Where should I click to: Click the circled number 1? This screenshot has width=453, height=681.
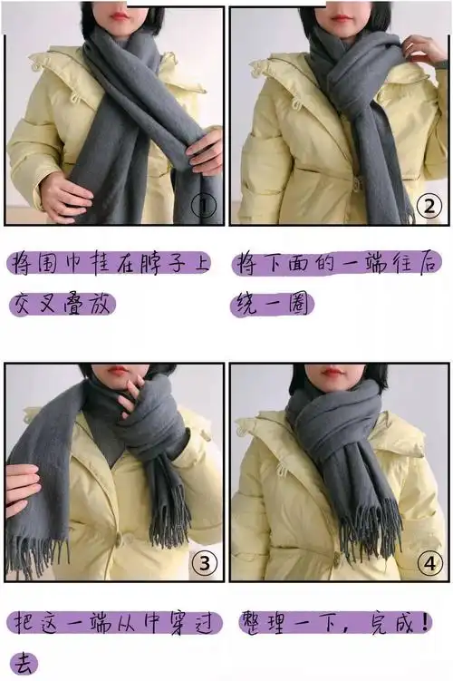[204, 206]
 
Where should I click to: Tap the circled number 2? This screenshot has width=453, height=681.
[429, 206]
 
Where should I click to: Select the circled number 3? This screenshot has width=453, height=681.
[204, 563]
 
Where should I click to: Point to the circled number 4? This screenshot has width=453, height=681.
[429, 563]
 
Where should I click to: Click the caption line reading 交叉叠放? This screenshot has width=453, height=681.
[62, 304]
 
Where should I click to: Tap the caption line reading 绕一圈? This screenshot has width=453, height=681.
[272, 304]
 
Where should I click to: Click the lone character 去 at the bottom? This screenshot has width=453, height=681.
[24, 664]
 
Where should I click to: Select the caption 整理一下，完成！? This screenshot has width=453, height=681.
[334, 623]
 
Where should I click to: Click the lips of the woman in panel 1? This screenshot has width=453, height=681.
[119, 16]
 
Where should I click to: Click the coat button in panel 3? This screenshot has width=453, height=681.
[118, 540]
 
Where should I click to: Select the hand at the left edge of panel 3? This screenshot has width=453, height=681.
[23, 490]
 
